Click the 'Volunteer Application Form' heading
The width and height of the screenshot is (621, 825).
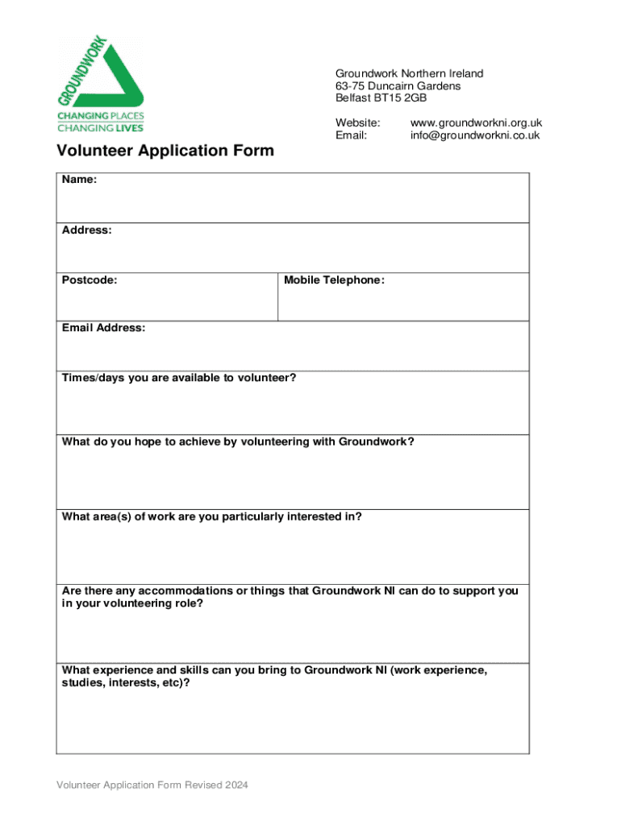165,151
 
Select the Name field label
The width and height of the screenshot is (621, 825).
79,180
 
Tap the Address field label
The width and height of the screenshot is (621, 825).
86,230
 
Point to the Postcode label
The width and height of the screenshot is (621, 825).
89,280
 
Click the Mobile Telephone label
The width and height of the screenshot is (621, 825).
334,280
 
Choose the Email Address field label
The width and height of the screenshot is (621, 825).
103,328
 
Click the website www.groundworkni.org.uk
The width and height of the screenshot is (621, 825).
476,122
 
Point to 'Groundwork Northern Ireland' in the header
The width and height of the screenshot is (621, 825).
409,74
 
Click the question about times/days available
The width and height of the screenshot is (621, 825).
178,378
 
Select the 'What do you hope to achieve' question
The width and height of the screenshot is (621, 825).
238,442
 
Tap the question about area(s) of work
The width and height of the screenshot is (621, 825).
211,516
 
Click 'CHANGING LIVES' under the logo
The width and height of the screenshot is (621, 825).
100,127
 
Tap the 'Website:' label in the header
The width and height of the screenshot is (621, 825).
357,122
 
